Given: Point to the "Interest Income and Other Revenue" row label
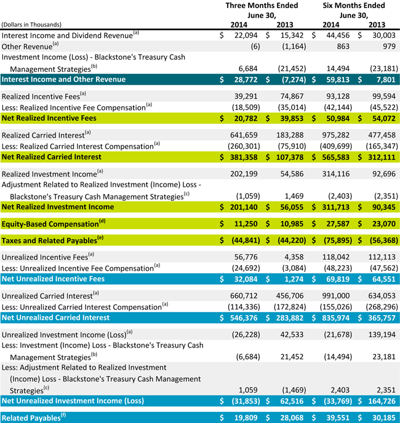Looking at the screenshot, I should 63,79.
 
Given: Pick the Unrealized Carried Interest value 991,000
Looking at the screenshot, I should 339,295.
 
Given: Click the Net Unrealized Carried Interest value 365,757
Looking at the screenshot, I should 383,317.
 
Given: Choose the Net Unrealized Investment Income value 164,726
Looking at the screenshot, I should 383,402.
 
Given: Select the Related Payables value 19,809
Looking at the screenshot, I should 248,418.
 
